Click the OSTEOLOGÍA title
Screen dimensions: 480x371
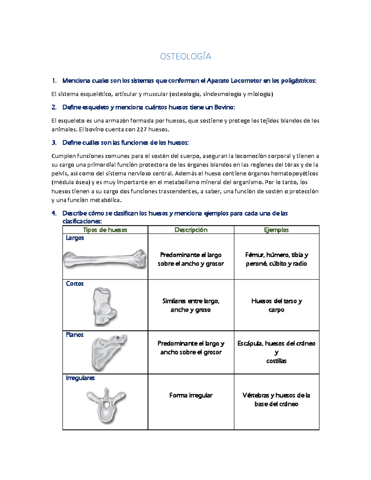[185, 56]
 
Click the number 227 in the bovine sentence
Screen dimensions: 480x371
[142, 130]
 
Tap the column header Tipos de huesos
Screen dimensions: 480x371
[105, 230]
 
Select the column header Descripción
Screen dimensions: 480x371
[191, 230]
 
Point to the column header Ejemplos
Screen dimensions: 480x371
[276, 230]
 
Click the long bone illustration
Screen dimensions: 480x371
[105, 259]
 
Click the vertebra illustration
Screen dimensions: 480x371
[106, 405]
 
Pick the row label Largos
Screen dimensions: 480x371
[75, 238]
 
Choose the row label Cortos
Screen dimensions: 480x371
[75, 283]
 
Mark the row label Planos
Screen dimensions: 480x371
[75, 334]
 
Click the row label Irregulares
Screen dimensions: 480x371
[80, 378]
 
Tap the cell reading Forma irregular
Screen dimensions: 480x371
[191, 395]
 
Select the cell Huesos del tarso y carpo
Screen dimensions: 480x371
[276, 305]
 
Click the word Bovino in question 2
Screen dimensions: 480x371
[224, 107]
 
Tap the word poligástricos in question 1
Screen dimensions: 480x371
[298, 81]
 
